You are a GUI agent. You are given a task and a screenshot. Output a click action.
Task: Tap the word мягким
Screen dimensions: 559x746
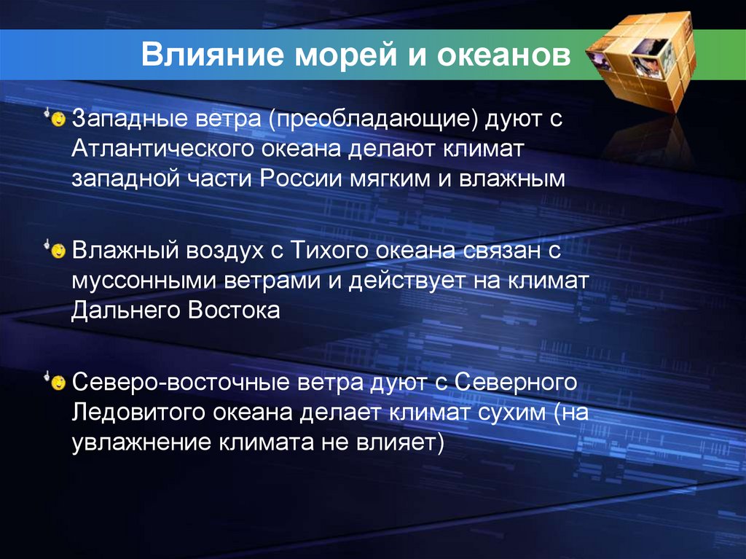[390, 179]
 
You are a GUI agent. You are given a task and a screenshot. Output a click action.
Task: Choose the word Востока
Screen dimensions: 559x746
[234, 311]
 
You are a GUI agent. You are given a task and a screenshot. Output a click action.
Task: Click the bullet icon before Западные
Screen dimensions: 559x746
[58, 117]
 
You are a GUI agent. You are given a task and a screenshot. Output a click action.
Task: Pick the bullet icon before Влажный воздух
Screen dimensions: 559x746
[58, 250]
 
